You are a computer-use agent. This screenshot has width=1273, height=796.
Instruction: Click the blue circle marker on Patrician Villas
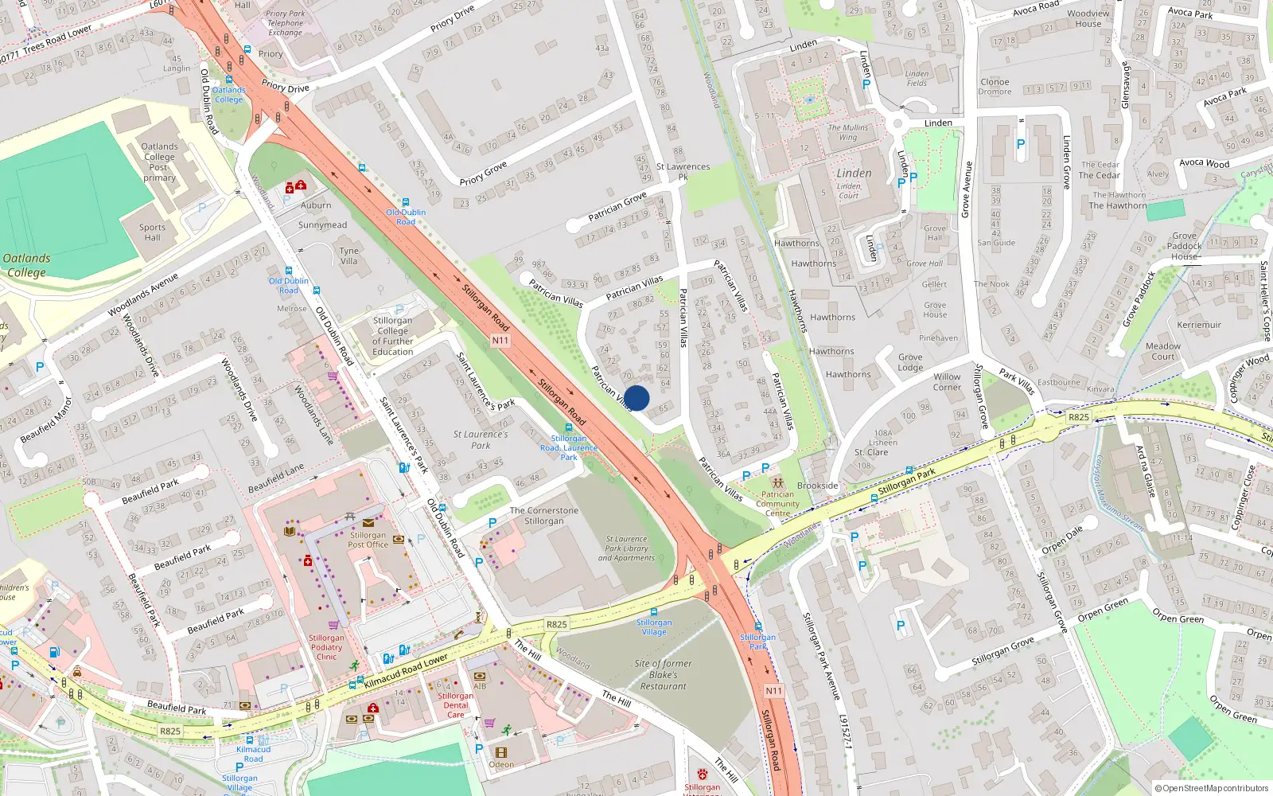point(636,398)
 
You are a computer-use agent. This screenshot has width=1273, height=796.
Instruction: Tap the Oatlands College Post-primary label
point(159,162)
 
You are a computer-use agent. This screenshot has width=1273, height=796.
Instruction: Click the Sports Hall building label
point(152,232)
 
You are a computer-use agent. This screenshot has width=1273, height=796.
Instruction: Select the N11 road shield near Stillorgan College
point(500,340)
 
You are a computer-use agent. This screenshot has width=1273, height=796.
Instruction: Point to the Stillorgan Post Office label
point(368,540)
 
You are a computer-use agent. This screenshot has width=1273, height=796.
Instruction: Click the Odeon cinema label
point(501,764)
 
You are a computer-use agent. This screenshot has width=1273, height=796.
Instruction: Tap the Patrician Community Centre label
point(777,503)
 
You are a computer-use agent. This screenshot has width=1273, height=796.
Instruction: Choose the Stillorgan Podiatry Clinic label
point(326,647)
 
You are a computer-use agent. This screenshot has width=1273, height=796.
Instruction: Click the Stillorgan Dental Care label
point(455,705)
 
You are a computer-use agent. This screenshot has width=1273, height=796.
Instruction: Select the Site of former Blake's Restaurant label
point(663,674)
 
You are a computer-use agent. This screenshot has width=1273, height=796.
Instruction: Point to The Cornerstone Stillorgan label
point(543,516)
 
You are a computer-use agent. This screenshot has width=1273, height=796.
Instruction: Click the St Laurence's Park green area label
point(481,439)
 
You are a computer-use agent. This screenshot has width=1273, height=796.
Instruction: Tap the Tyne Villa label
point(349,256)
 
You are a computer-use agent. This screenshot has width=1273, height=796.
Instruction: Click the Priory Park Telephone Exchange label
point(285,23)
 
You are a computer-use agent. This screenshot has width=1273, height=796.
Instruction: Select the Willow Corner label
point(947,382)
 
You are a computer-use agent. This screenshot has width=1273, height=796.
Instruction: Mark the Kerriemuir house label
point(1199,325)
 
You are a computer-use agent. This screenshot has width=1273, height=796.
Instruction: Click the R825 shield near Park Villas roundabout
point(1079,417)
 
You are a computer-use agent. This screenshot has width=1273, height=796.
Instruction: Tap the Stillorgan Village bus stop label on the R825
point(654,627)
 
